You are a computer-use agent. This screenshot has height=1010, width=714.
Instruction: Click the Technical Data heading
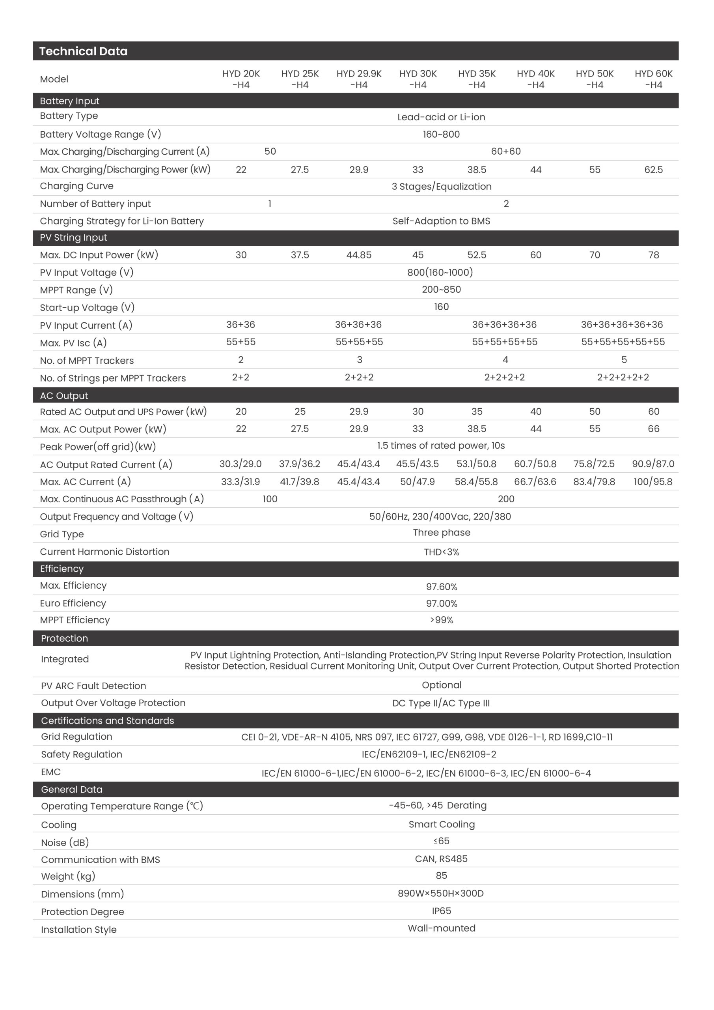(x=84, y=51)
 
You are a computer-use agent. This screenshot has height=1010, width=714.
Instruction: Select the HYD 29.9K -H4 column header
(x=359, y=79)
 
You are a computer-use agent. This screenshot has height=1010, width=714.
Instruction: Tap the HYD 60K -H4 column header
(x=653, y=79)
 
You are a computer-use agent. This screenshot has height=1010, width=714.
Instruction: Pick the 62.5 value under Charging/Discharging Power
(x=653, y=170)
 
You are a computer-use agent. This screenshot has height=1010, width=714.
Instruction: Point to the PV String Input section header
(x=73, y=238)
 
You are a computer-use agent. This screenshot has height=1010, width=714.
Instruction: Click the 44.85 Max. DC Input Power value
(x=359, y=255)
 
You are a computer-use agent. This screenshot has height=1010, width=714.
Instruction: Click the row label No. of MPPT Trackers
(x=87, y=360)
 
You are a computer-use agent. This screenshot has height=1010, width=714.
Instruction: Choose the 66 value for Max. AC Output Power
(x=653, y=428)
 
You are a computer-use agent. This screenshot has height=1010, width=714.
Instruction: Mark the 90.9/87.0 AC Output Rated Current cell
(x=653, y=464)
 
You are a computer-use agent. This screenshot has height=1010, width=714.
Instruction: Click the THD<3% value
(x=442, y=552)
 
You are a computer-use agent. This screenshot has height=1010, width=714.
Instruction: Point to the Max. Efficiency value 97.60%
(x=442, y=587)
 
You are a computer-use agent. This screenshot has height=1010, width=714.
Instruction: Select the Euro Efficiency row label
(x=73, y=603)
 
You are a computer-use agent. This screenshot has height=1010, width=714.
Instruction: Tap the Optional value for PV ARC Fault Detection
(x=442, y=685)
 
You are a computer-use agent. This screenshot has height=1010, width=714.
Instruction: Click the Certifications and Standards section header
(x=107, y=720)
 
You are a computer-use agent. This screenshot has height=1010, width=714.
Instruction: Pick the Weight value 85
(x=442, y=875)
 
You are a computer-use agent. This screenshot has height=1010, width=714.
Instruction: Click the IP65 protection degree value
(x=442, y=911)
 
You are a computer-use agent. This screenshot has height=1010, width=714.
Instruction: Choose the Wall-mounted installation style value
(x=442, y=928)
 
